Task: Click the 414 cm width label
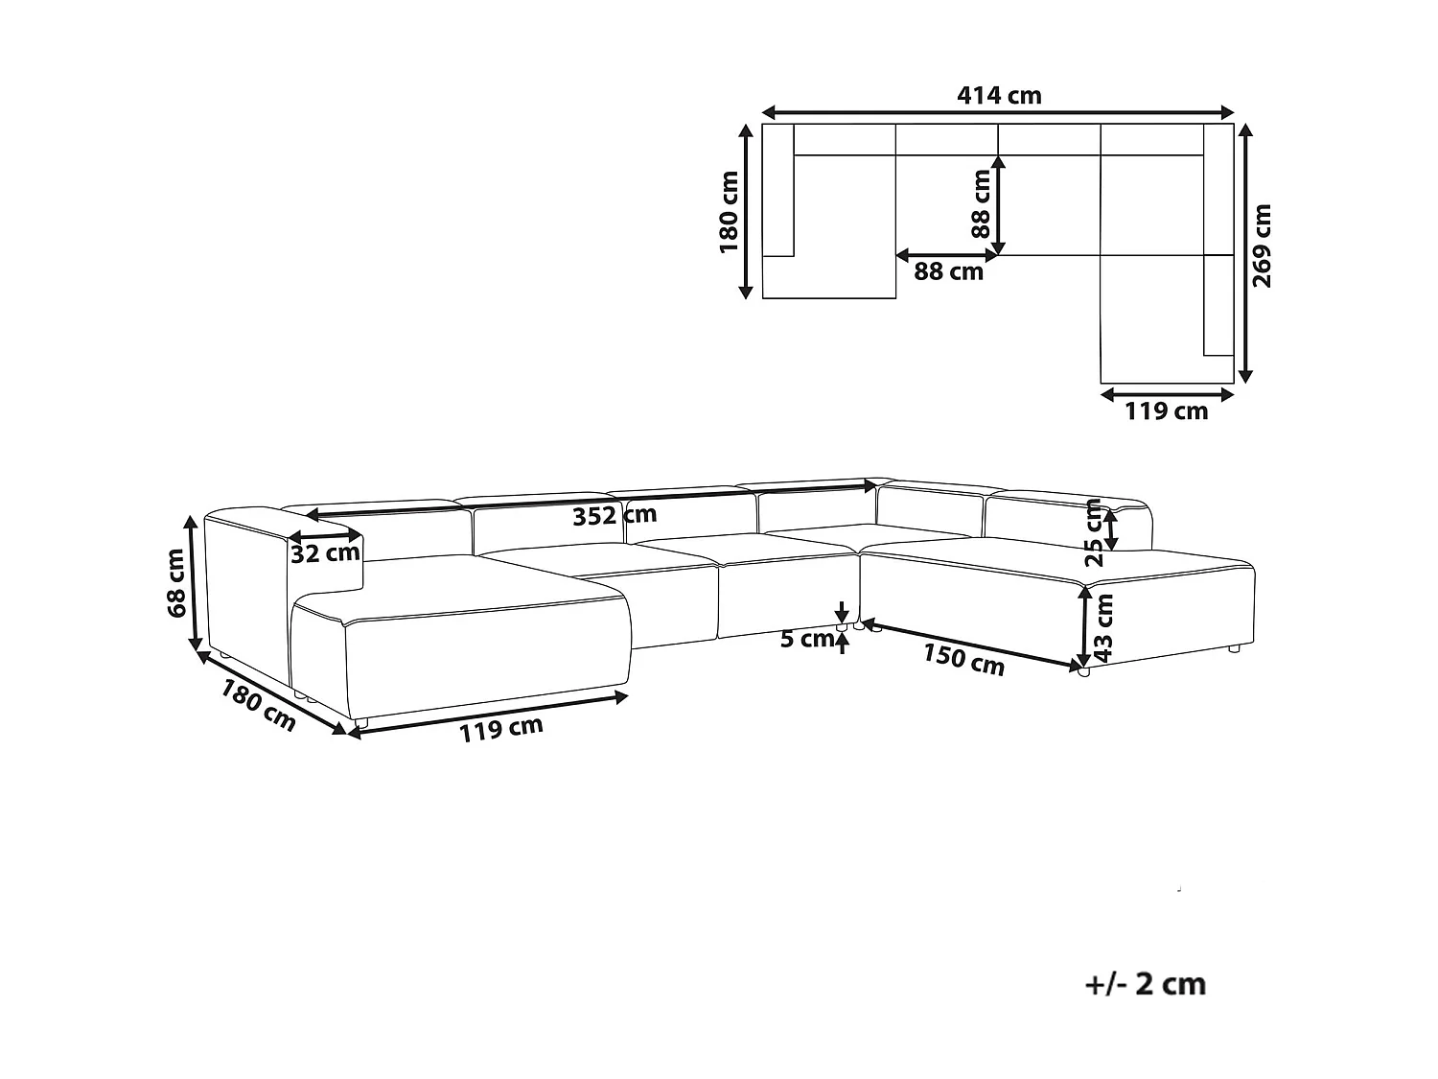pos(999,95)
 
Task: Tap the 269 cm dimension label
pos(1263,246)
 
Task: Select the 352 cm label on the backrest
pos(615,516)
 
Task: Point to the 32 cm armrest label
pos(325,553)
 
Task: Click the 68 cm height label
pos(175,583)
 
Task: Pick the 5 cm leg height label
pos(806,638)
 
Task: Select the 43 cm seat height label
pos(1104,627)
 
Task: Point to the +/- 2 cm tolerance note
pos(1146,984)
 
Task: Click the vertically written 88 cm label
pos(981,203)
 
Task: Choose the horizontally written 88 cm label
pos(948,271)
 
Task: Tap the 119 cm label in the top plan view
pos(1166,411)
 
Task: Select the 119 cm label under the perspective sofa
pos(500,729)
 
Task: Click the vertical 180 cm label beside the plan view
pos(730,212)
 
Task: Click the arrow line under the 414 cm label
pos(998,111)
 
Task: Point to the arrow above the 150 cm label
pos(973,644)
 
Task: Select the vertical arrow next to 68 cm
pos(195,583)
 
